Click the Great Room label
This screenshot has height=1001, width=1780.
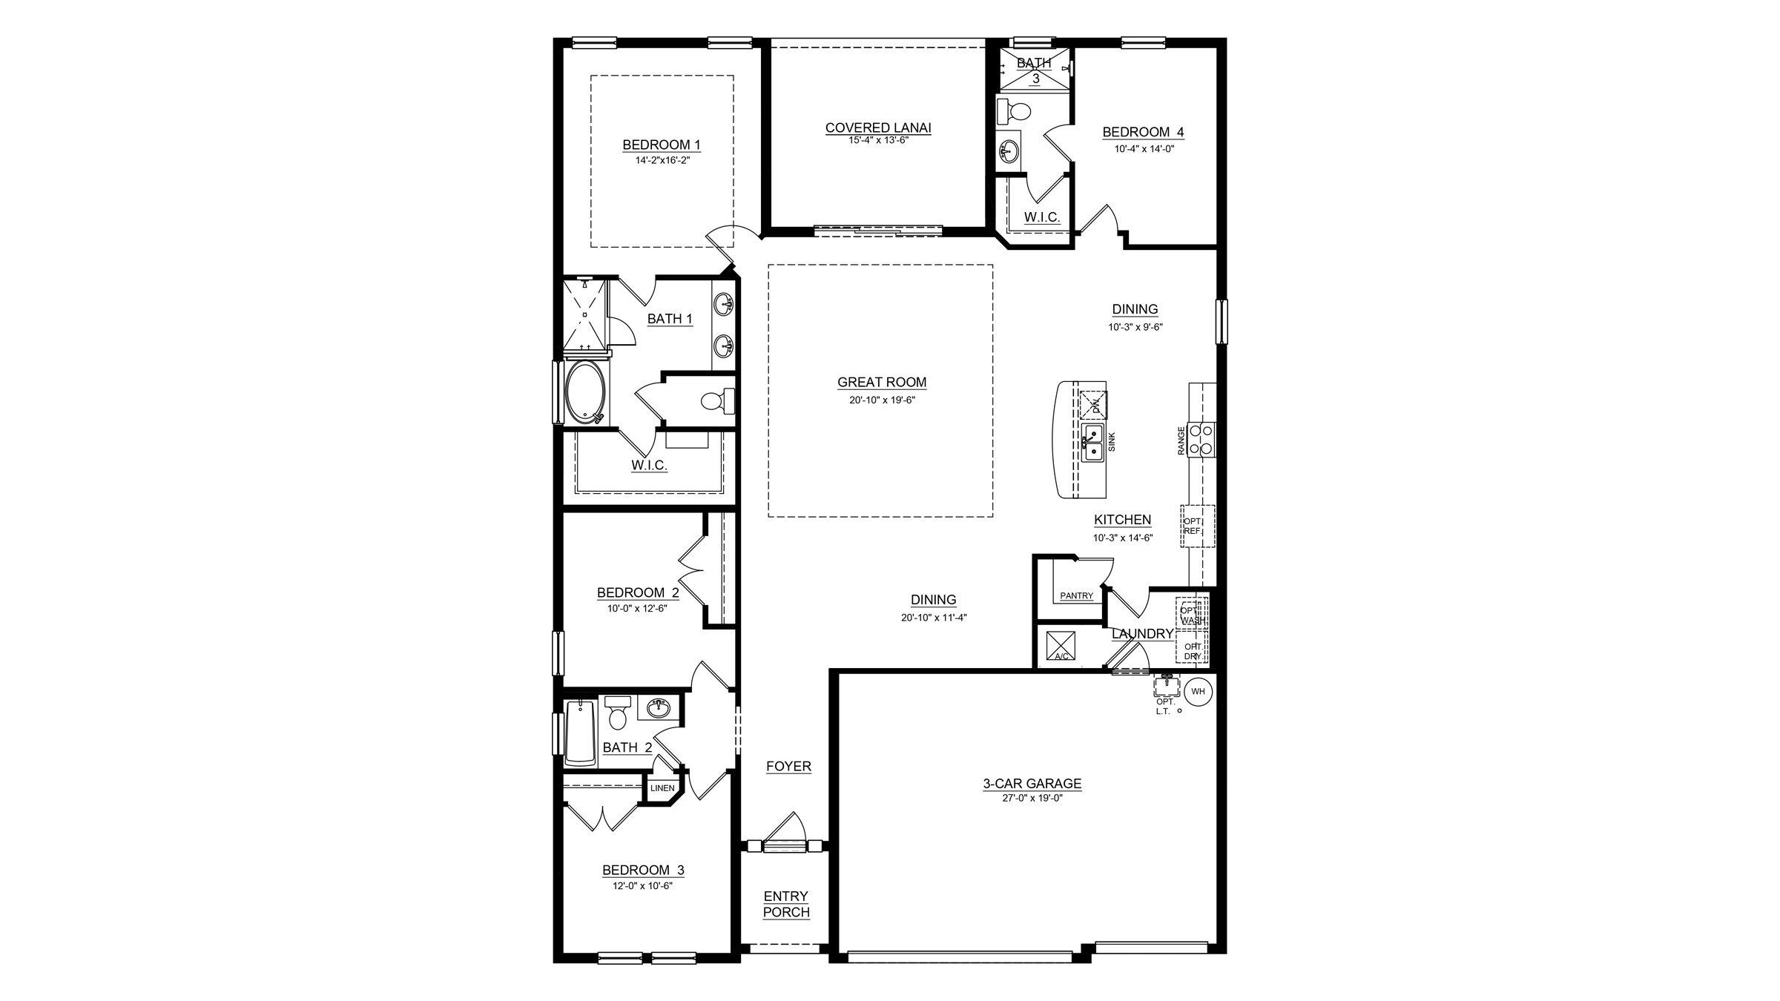(x=882, y=383)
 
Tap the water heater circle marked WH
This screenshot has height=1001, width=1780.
(x=1198, y=692)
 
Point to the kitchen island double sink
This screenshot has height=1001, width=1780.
(x=1092, y=443)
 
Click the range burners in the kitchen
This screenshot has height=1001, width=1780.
(x=1201, y=438)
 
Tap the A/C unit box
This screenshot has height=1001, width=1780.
(x=1060, y=644)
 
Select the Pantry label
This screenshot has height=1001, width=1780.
(x=1076, y=595)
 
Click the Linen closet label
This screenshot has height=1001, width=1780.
(x=662, y=788)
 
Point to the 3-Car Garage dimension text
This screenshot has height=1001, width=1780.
(x=1032, y=798)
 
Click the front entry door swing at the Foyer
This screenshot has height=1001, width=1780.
(x=785, y=832)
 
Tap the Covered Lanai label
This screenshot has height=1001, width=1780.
(x=878, y=128)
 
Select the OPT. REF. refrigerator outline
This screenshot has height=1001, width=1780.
(x=1198, y=526)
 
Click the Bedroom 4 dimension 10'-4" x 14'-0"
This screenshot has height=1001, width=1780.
(x=1144, y=148)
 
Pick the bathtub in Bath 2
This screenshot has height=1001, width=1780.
(x=581, y=733)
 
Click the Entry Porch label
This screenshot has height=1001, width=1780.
(x=786, y=905)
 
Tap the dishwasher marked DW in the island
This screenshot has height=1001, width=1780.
(x=1094, y=405)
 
